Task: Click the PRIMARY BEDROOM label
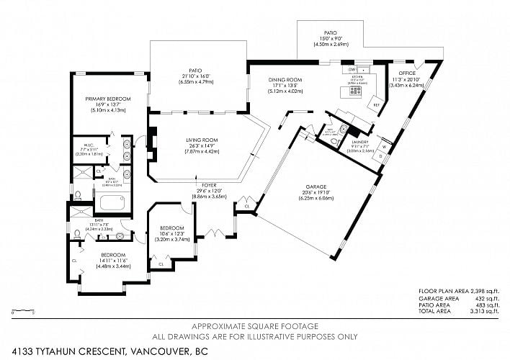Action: click(x=108, y=99)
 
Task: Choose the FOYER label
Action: click(x=209, y=185)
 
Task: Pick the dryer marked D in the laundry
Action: click(x=382, y=156)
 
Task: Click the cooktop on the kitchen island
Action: click(x=346, y=91)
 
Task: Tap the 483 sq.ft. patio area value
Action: click(x=486, y=307)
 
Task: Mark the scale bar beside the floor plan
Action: click(x=24, y=312)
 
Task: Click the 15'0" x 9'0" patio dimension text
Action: click(x=331, y=39)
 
